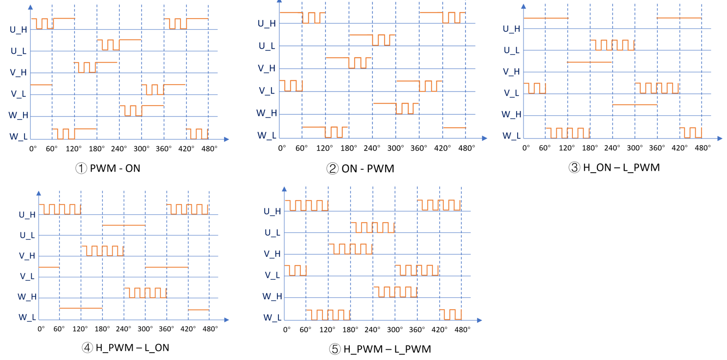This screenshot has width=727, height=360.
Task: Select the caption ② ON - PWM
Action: (x=360, y=169)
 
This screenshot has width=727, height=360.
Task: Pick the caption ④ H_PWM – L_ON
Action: (x=126, y=348)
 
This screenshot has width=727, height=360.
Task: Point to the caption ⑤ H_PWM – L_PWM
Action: (x=380, y=349)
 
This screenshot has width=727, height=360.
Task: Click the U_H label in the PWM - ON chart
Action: (x=19, y=29)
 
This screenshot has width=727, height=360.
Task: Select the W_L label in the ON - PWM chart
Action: (x=267, y=135)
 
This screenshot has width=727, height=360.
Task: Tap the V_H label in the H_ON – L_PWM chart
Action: (x=512, y=71)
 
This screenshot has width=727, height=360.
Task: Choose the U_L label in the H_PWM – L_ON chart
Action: (x=27, y=235)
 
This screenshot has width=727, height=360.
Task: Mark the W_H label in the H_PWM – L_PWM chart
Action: (x=272, y=296)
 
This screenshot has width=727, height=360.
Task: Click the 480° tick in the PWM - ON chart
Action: (x=209, y=149)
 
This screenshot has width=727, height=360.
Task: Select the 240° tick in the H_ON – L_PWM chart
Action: (x=613, y=148)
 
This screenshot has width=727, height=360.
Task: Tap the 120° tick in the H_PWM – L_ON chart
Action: (x=81, y=329)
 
